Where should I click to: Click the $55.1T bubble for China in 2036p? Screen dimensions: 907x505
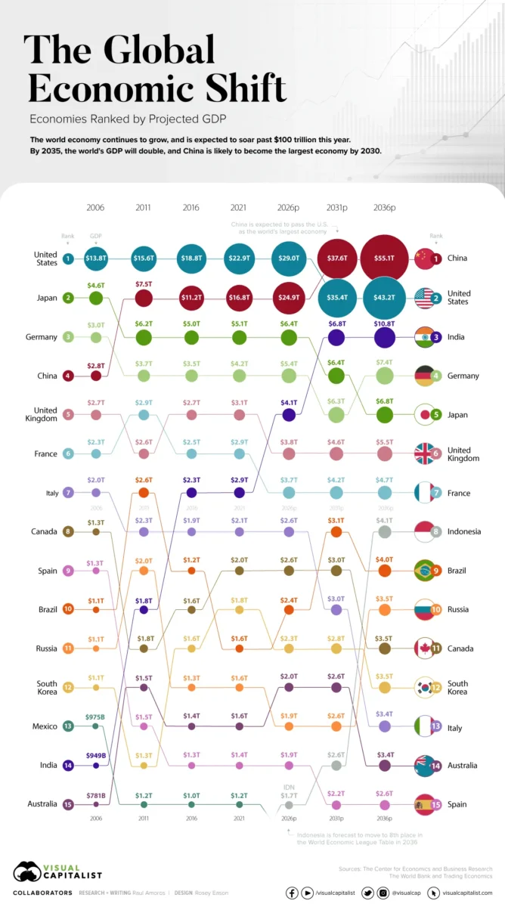point(384,258)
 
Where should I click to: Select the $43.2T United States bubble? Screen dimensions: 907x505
point(384,298)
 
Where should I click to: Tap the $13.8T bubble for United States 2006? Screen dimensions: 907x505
point(96,258)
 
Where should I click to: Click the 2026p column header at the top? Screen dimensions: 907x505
point(288,206)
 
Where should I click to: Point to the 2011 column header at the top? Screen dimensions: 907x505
point(144,206)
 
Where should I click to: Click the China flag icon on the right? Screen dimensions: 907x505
point(426,258)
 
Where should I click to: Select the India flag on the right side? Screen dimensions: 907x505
point(426,336)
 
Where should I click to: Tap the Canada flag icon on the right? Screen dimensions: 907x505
point(426,648)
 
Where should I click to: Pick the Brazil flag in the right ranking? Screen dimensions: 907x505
point(426,570)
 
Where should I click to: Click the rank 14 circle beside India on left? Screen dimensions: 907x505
point(69,765)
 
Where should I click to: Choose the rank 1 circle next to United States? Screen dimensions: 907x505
point(69,258)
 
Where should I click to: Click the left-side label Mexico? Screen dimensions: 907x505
point(45,726)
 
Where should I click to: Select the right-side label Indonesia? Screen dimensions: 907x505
point(463,531)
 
